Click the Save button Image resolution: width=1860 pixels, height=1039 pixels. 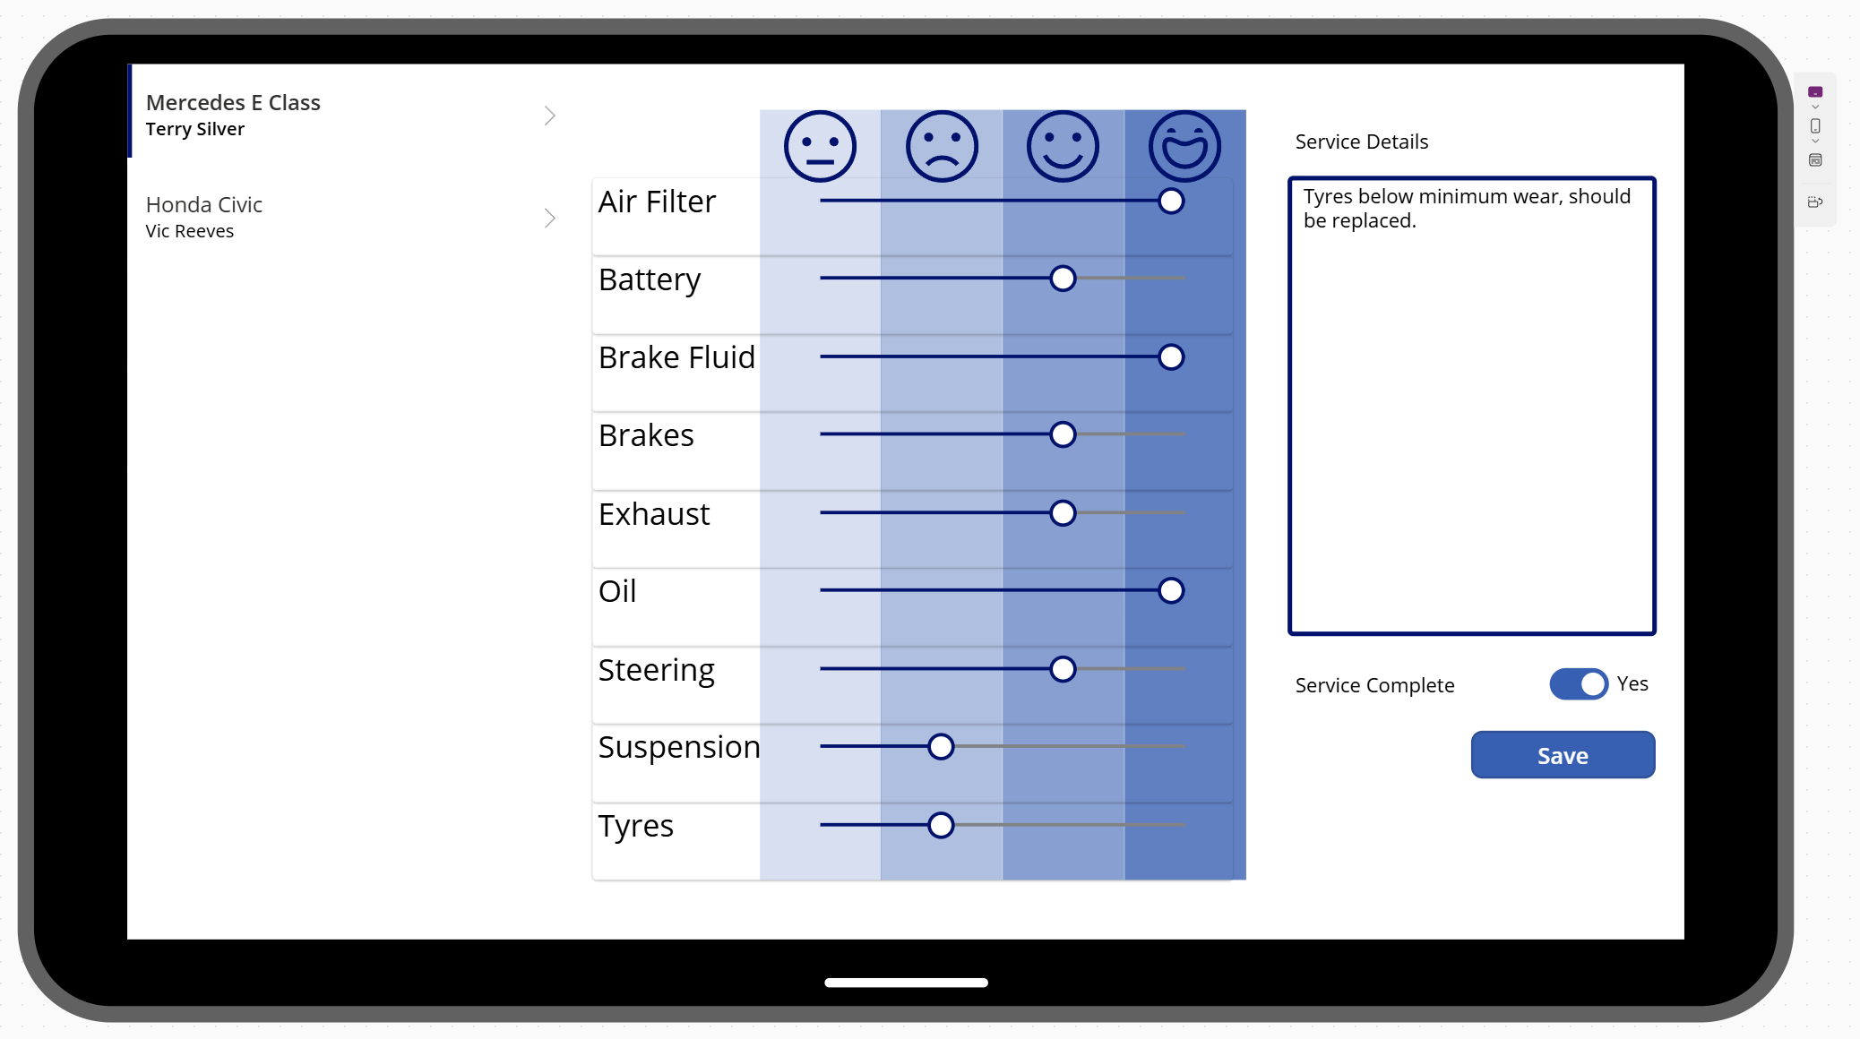pos(1563,755)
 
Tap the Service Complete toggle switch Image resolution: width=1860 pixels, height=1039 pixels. pos(1579,684)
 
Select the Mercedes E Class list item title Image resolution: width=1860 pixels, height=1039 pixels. pos(233,103)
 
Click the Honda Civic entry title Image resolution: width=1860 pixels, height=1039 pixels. pos(204,205)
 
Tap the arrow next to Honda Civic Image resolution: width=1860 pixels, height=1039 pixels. pos(549,218)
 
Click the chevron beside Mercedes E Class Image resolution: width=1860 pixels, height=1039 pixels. pos(549,116)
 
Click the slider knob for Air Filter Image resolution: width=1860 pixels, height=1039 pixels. pos(1170,202)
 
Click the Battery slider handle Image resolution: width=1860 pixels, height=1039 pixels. pos(1063,279)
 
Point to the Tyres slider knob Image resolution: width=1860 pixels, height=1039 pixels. pos(941,825)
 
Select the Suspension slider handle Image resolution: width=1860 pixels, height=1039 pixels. pos(941,746)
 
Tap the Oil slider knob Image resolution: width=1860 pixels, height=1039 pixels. pos(1170,590)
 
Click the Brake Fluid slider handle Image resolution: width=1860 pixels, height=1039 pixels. pos(1170,356)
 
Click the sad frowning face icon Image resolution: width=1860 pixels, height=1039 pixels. pos(941,146)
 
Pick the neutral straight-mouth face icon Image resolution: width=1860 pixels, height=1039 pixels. pos(820,146)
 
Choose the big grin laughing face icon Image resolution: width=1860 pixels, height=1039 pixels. pos(1184,146)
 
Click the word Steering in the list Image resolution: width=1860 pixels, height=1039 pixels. pos(656,670)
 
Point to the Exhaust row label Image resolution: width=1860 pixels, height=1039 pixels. pos(654,514)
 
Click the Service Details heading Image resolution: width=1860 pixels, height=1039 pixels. pos(1361,142)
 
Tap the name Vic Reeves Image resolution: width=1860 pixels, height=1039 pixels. pos(190,231)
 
